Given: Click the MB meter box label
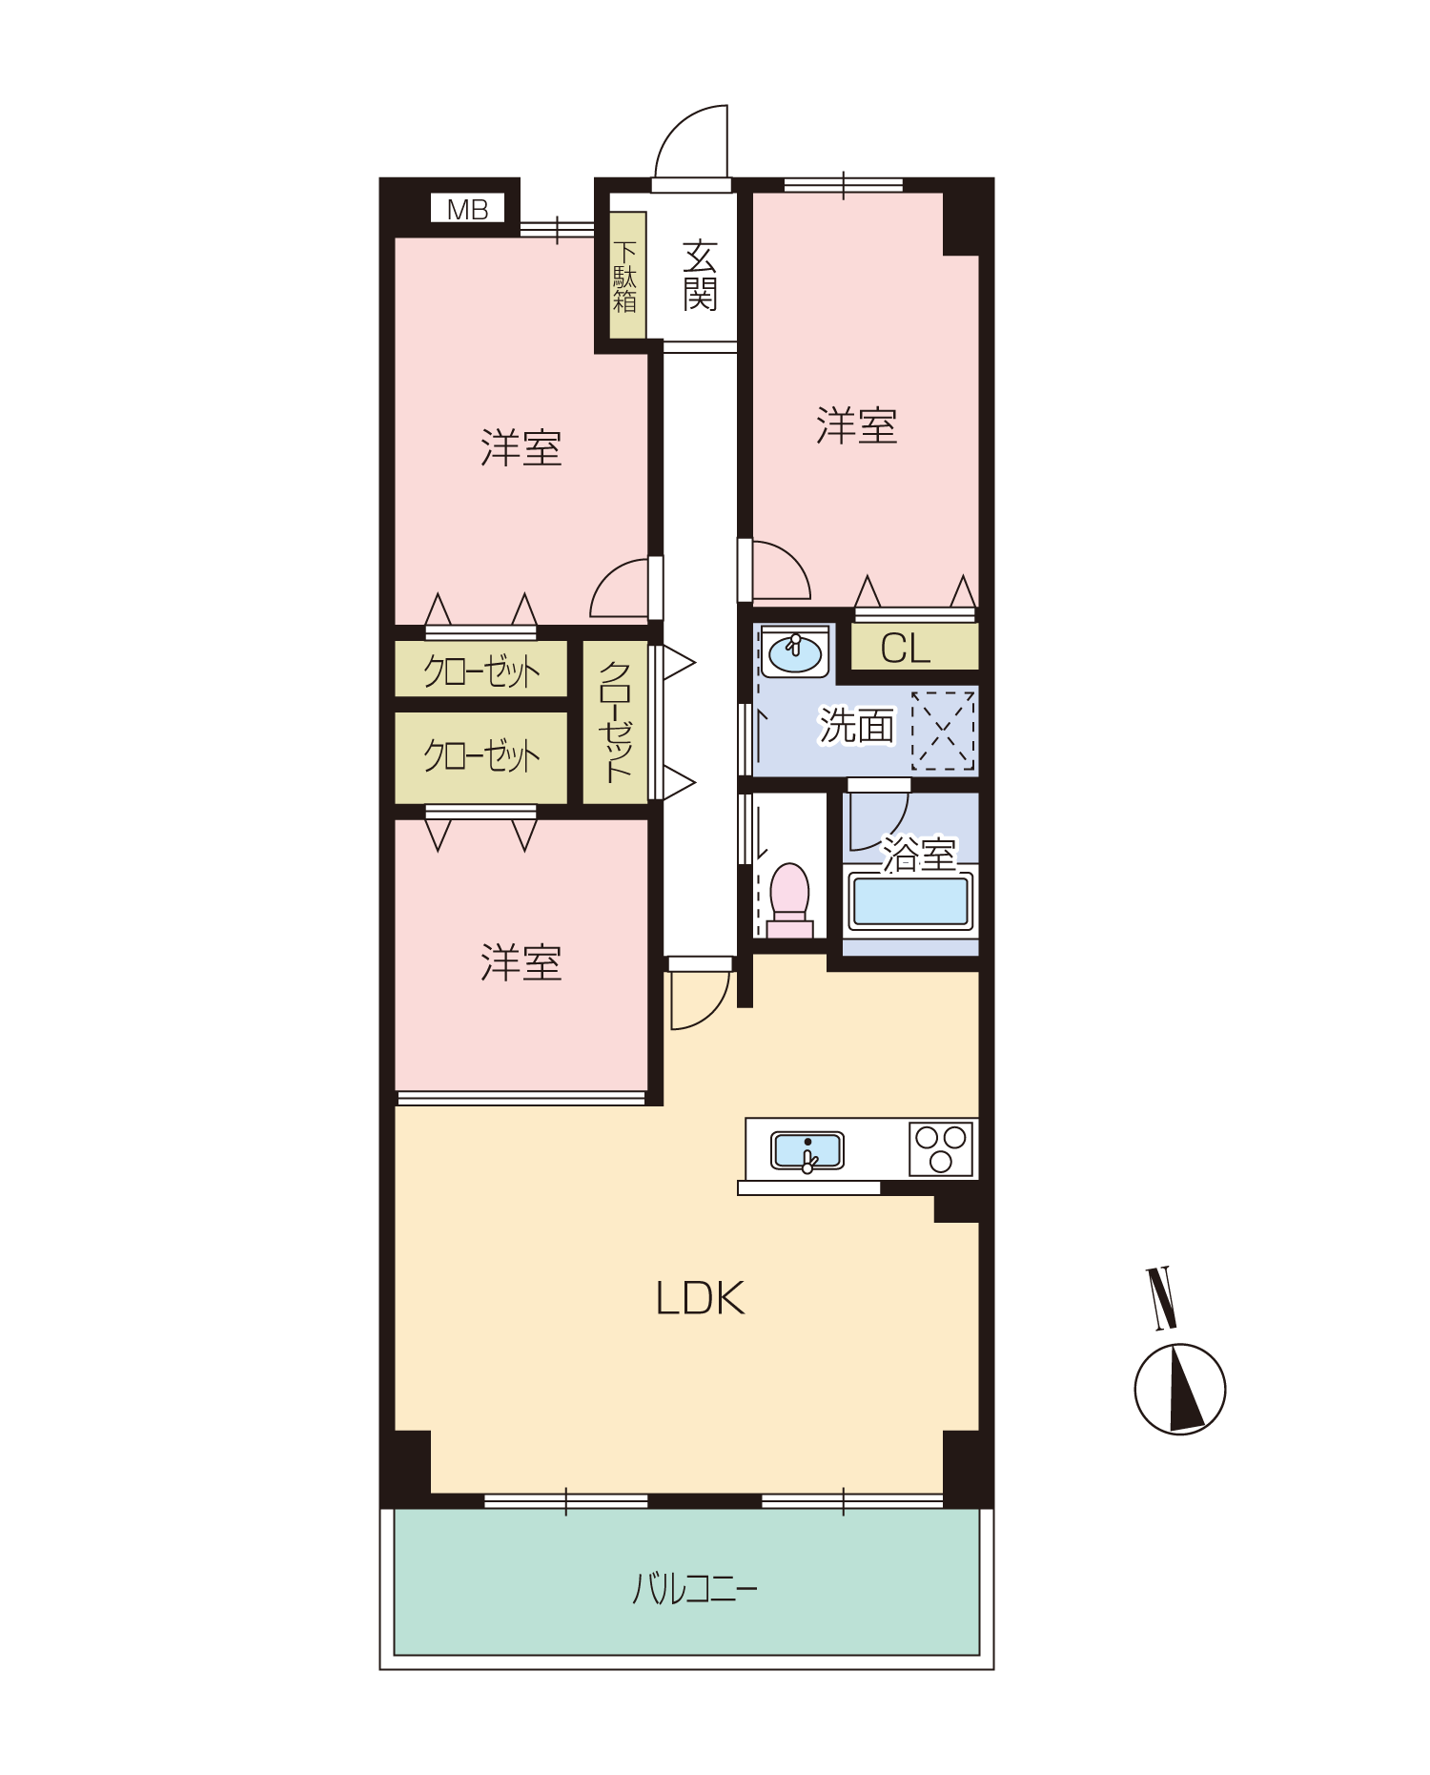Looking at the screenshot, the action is pos(467,209).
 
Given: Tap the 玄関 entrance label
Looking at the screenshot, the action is pos(700,276).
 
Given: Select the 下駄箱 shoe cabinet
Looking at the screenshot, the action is pos(627,275).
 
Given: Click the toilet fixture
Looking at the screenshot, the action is pos(789,899).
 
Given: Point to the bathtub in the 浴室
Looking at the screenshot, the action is pos(910,901).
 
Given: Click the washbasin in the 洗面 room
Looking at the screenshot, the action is pos(795,652).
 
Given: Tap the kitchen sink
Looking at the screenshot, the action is pos(807,1150).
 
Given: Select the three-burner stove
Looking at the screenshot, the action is pos(941,1148).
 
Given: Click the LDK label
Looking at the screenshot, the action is pos(700,1298).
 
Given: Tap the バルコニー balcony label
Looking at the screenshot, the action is pos(694,1589).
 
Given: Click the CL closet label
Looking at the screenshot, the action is pos(905,649).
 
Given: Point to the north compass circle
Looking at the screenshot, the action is pos(1180,1389).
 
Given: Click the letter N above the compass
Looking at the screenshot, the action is pos(1161,1298).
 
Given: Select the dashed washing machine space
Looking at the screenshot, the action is pos(943,731).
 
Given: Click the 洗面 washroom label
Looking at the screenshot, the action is pos(857,726).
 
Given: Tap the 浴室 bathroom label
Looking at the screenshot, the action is pos(918,855).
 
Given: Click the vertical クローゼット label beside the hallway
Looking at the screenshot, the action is pos(615,722).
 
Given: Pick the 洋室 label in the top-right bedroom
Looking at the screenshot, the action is pos(856,425).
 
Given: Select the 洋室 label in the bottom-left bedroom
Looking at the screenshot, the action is pos(521,963).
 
